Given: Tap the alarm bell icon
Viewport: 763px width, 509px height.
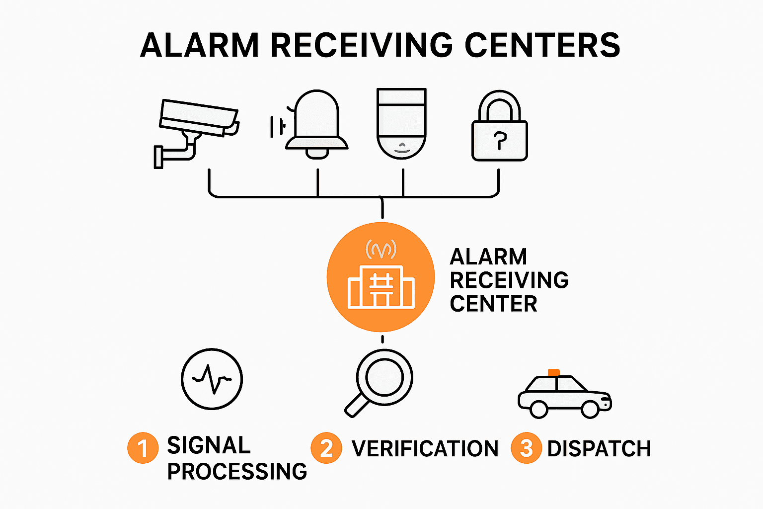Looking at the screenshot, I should coord(316,124).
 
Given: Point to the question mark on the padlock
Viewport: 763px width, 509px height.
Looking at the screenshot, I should coord(500,141).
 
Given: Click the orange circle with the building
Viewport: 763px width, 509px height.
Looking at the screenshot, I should coord(381,277).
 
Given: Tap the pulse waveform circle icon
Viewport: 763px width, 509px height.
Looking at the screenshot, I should coord(212,379).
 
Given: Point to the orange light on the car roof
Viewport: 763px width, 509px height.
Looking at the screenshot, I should coord(553,372).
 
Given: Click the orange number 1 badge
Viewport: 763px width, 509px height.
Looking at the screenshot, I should coord(143,448).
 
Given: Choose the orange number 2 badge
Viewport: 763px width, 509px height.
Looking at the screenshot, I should coord(326,448).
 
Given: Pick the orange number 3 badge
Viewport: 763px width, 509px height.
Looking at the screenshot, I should coord(526,448).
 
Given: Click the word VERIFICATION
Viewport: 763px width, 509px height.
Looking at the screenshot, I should coord(425,449).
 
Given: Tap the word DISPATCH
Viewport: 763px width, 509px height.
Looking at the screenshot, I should coord(599,449).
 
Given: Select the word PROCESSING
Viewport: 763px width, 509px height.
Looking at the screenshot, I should coord(237,471).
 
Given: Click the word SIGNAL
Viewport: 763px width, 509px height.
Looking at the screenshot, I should coord(209,445).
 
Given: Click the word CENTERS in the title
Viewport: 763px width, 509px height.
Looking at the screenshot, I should coord(542,45).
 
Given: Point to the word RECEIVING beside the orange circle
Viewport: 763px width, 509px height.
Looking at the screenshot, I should coord(509,280).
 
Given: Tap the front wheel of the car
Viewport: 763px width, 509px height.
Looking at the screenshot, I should coord(590,409).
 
